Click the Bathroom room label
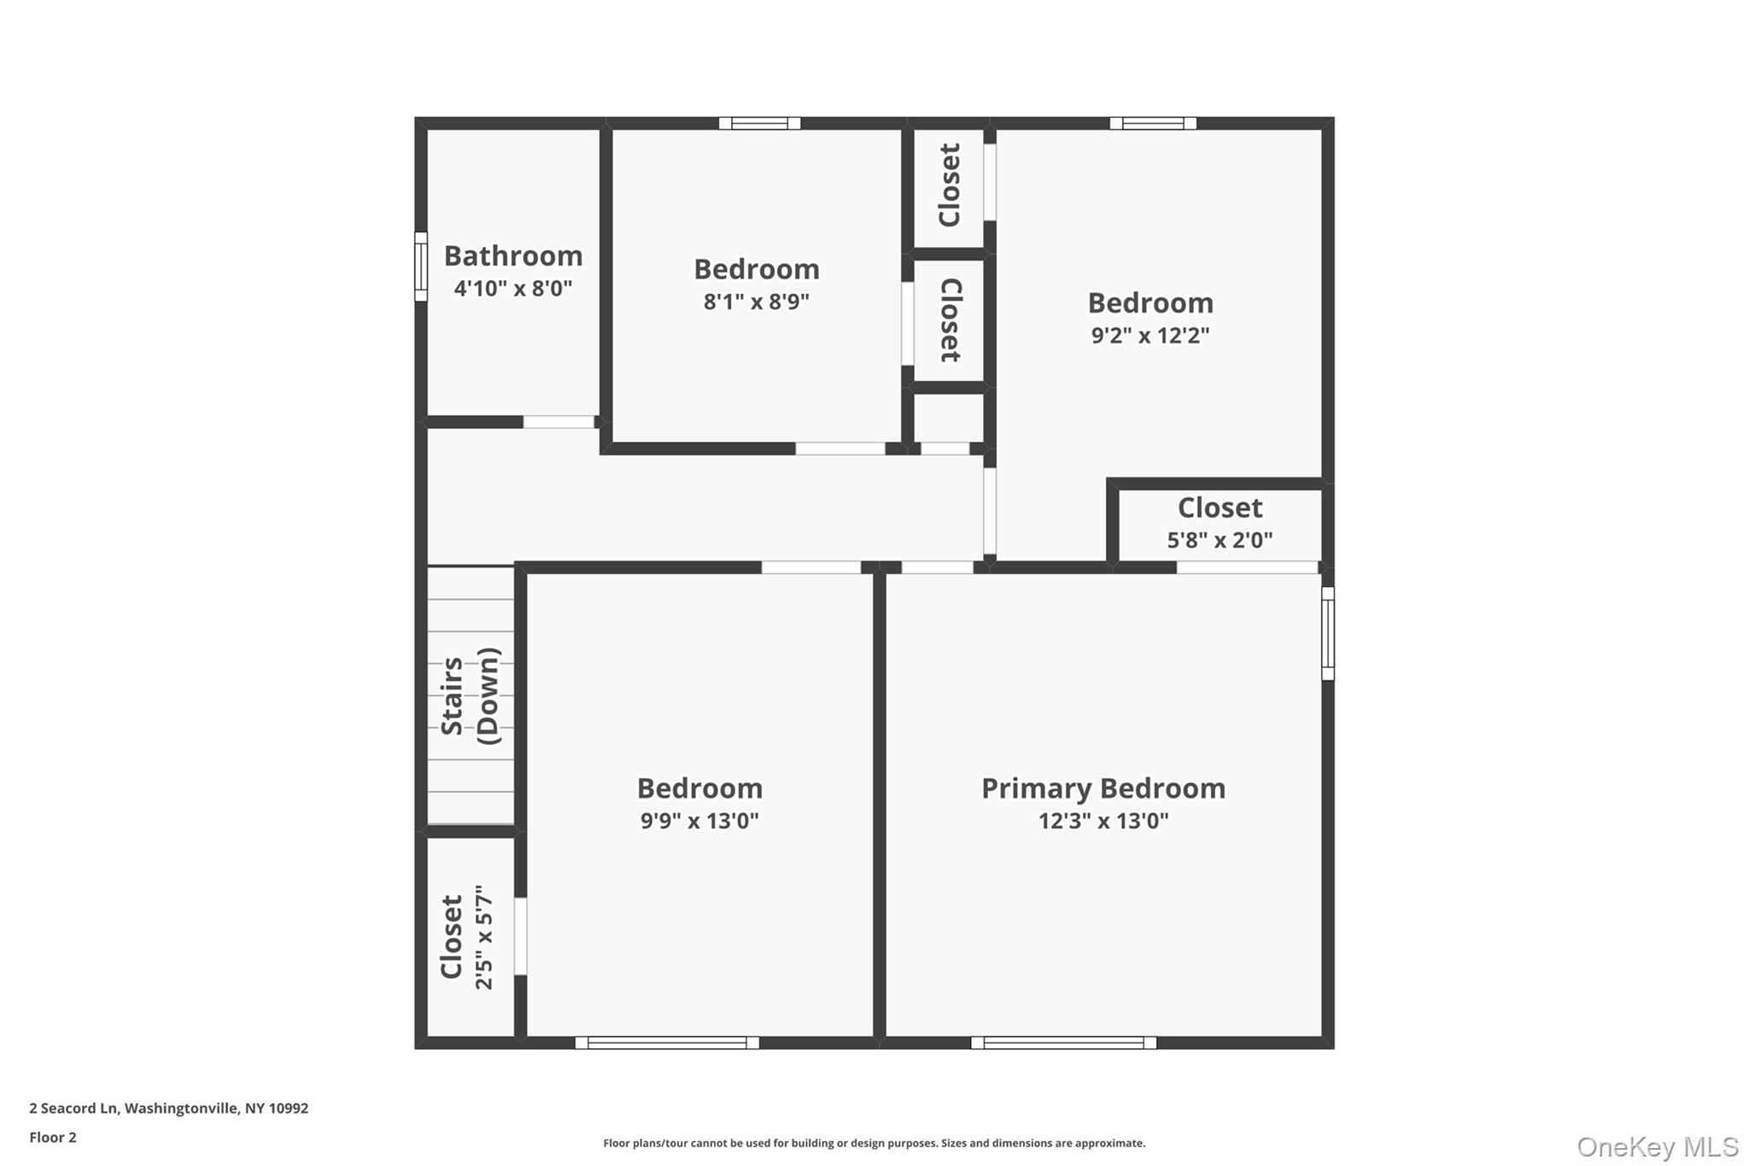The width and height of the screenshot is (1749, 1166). point(513,255)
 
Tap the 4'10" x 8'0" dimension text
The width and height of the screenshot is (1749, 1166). point(513,289)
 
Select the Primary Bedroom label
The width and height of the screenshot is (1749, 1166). point(1103,788)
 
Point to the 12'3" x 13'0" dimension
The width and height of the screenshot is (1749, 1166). point(1103,821)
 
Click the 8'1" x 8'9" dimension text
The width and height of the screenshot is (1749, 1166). point(756,302)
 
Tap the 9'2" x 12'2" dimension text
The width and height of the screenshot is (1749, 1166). point(1149,335)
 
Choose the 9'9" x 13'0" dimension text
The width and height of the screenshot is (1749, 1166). point(699,821)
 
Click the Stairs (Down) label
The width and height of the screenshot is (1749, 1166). point(470,695)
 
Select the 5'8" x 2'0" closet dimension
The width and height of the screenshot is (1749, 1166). point(1220,540)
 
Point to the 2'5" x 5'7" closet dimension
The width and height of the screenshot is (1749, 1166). point(484,937)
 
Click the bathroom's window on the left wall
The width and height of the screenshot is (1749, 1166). point(420,267)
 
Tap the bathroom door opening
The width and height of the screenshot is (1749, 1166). point(559,422)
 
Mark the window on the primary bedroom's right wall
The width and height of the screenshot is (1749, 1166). point(1327,633)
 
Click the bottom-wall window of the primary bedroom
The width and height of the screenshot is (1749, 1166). point(1063,1042)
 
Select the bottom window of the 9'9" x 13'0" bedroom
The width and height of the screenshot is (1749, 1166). point(667,1042)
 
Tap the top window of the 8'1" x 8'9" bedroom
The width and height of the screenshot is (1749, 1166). point(759,123)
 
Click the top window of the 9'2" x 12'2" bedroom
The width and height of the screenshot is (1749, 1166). point(1152,123)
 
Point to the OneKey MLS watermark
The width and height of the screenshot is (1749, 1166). point(1657,1146)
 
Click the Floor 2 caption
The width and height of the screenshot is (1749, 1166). point(53,1137)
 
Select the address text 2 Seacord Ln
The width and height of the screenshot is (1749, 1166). point(73,1108)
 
